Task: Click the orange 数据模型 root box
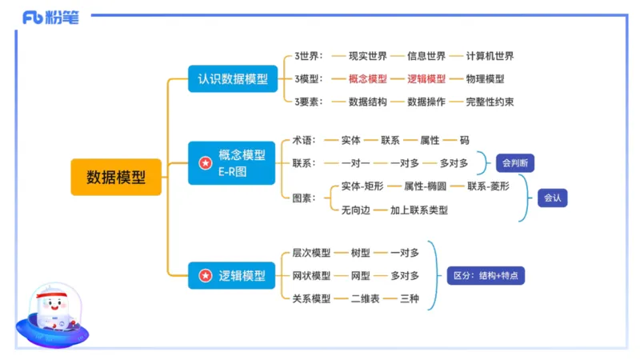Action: tap(116, 177)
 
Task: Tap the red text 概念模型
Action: tap(368, 78)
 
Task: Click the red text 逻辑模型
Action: tap(426, 78)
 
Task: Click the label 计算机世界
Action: tap(490, 56)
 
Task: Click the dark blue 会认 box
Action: tap(553, 197)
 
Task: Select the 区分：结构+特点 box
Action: tap(485, 275)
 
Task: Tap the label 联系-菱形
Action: tap(488, 186)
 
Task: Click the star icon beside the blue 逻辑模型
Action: tap(206, 275)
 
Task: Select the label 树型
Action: tap(361, 253)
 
